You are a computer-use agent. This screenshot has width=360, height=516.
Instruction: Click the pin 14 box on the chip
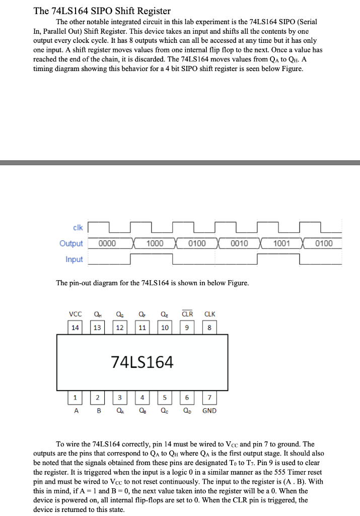(x=75, y=328)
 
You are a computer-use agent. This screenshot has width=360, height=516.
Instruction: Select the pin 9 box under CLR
(x=187, y=328)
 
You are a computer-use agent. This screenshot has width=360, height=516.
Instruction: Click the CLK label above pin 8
(x=209, y=314)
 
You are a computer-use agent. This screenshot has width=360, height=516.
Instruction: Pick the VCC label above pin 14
(x=76, y=314)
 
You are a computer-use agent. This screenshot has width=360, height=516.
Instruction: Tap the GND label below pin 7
(x=209, y=411)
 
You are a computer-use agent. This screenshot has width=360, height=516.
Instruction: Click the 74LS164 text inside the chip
(x=142, y=362)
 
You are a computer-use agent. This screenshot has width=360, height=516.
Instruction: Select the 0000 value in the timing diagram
(x=107, y=243)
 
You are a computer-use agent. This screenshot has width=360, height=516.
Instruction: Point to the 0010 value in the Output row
(x=239, y=243)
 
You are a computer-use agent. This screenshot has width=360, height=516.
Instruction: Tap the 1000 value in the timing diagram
(x=155, y=243)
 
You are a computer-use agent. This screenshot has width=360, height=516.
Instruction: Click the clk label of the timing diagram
(x=77, y=227)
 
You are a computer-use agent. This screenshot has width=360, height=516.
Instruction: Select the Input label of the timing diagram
(x=74, y=260)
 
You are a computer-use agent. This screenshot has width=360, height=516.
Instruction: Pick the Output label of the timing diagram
(x=71, y=243)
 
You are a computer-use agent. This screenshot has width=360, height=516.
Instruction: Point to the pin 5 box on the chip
(x=165, y=397)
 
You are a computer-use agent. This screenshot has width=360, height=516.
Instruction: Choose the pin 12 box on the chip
(x=120, y=328)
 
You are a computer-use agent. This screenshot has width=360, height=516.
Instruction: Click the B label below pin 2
(x=99, y=411)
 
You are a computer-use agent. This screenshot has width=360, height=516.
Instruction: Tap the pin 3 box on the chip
(x=120, y=397)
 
